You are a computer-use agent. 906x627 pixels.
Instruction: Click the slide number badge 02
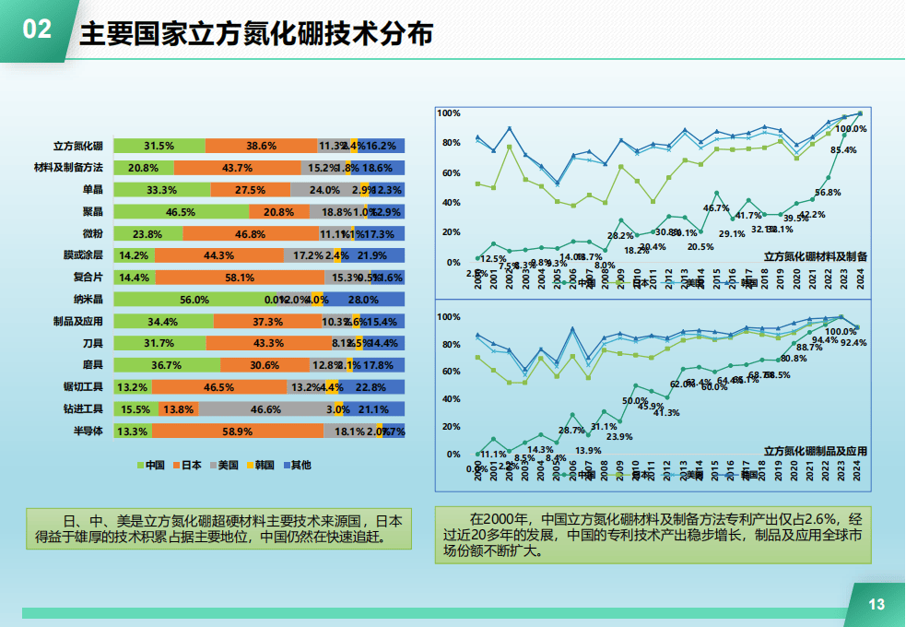point(36,30)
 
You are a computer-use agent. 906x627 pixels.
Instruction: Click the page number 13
point(877,604)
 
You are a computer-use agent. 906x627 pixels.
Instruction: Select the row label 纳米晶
point(88,299)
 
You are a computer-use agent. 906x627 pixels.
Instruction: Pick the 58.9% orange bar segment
point(238,432)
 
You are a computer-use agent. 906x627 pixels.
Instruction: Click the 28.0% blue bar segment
point(363,300)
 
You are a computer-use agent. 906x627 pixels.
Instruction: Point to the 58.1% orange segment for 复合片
point(240,278)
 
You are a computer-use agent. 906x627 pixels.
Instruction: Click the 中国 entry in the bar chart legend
point(148,465)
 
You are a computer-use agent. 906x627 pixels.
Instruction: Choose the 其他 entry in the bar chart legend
point(296,465)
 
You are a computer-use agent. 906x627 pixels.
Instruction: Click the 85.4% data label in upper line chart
point(843,149)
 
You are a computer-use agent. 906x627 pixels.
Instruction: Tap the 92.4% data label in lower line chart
point(853,342)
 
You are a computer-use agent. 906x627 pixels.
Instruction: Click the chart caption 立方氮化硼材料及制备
point(816,256)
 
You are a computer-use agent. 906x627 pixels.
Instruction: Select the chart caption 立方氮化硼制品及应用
point(816,451)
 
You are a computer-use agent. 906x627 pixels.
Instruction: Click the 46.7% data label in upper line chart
point(716,207)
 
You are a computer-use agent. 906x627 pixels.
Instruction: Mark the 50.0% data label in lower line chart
point(635,401)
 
